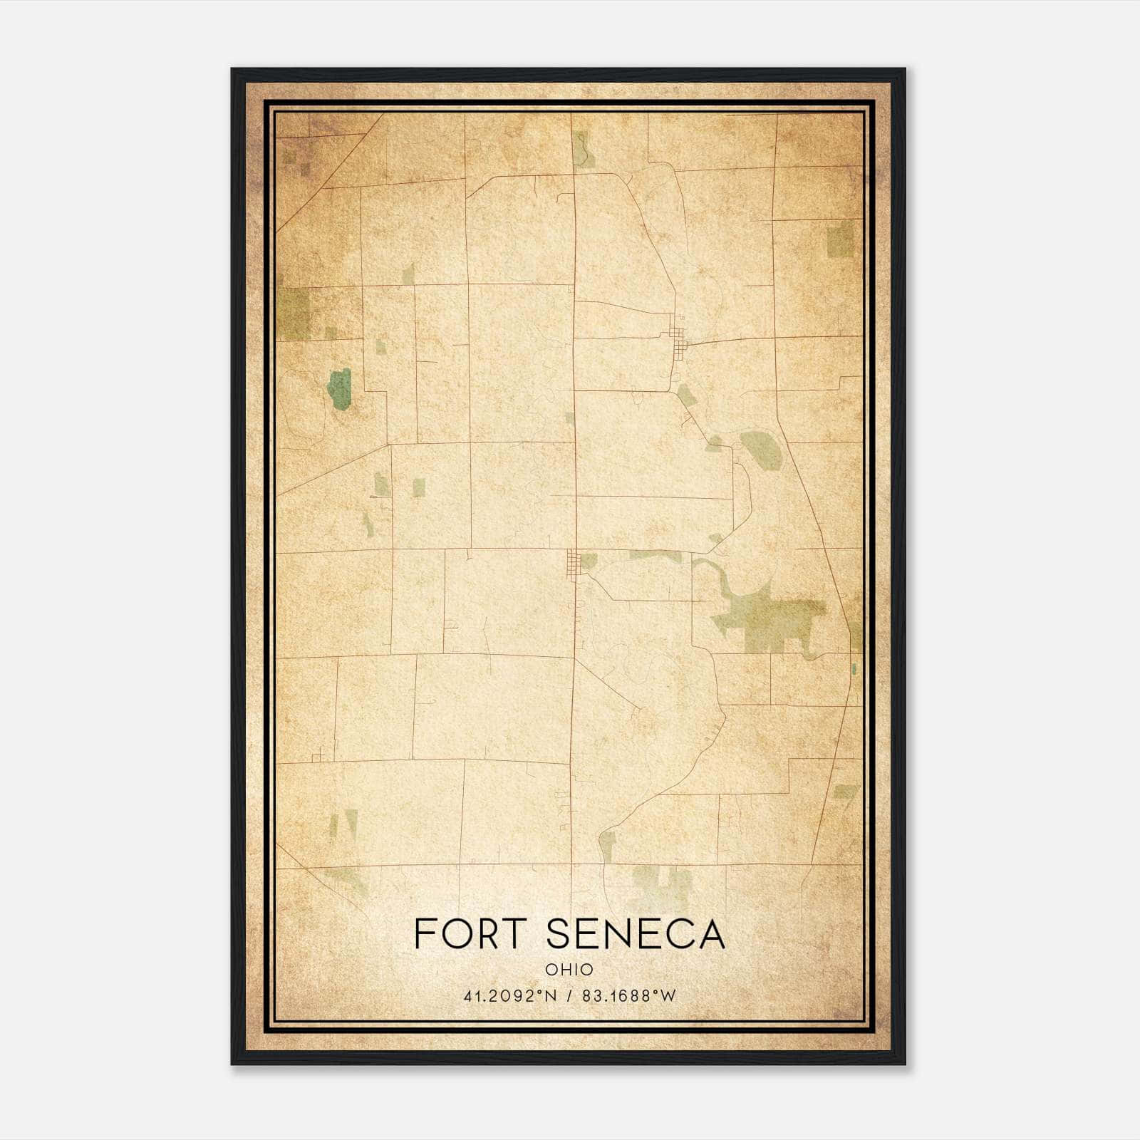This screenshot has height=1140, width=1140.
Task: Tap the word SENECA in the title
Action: point(636,934)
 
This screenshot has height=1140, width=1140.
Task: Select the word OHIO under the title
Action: point(569,969)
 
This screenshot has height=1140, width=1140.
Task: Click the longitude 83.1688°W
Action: point(628,996)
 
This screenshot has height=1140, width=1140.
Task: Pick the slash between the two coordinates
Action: point(569,996)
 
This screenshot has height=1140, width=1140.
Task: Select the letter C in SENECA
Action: point(676,934)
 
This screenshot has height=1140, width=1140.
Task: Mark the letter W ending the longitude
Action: point(668,996)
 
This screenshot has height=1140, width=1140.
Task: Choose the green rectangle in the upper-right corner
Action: point(841,239)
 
